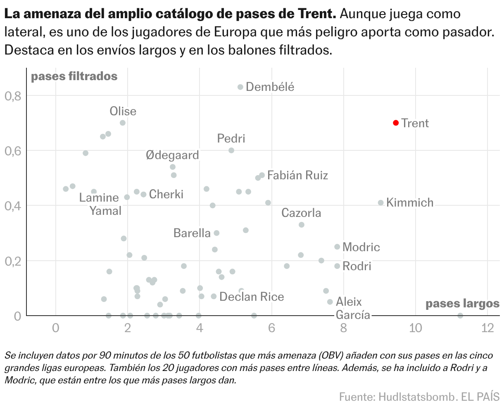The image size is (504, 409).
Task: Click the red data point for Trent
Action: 396,123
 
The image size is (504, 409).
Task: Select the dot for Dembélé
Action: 240,87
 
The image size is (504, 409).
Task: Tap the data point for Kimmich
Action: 381,202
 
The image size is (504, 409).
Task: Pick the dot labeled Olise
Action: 123,123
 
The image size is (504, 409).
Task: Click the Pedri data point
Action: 231,150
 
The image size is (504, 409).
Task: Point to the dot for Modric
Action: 337,247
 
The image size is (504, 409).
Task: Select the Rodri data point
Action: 337,266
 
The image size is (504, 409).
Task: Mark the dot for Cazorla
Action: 302,225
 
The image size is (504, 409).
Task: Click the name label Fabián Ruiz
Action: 297,175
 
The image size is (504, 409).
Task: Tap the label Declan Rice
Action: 252,297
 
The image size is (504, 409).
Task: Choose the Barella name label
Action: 192,233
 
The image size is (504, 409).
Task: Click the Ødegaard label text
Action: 172,155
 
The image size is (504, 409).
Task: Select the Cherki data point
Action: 143,195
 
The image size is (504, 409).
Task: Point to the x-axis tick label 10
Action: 415,328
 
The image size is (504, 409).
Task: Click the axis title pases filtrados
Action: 74,76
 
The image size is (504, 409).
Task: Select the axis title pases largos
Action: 462,304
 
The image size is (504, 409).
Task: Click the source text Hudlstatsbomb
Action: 416,397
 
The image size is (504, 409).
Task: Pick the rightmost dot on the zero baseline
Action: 460,316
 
